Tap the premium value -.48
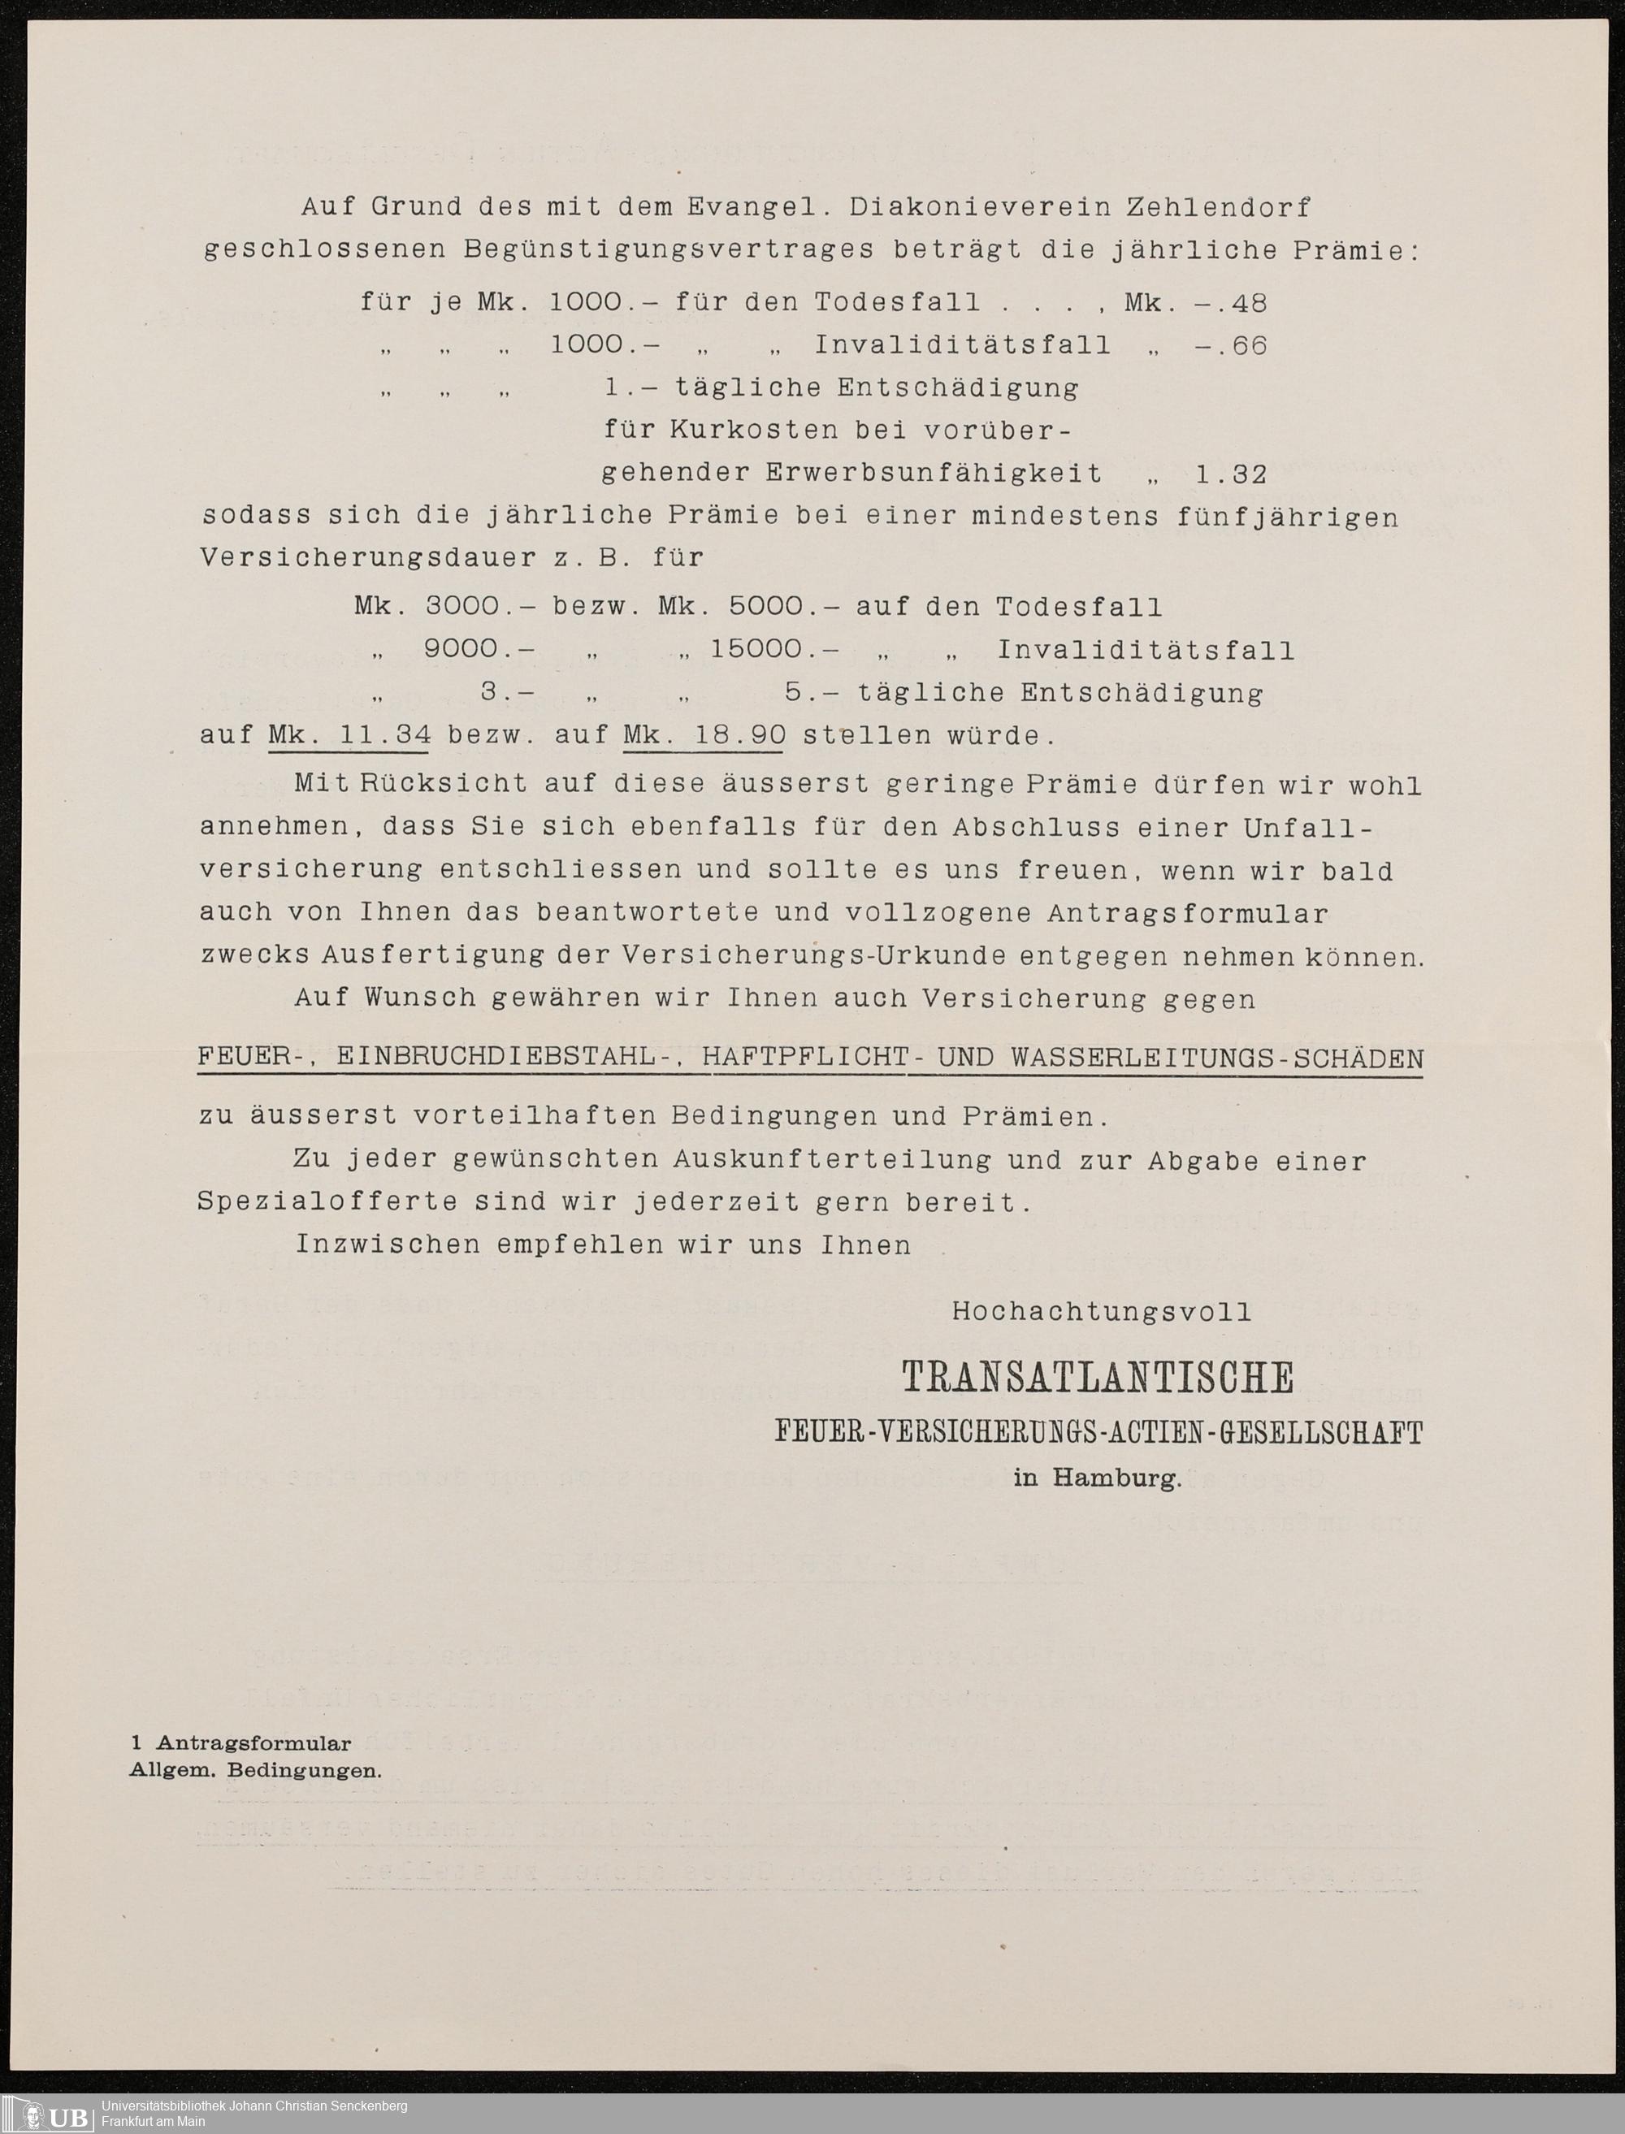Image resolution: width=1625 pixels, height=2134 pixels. [1230, 303]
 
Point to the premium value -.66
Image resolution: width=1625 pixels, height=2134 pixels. [1230, 345]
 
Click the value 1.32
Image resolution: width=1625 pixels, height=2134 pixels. [1230, 474]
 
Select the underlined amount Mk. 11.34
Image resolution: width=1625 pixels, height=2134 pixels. [349, 735]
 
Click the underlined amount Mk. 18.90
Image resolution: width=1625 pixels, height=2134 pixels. [704, 735]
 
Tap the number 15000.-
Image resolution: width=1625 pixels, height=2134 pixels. [773, 649]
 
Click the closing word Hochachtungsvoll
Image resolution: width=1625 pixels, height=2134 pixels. [1102, 1311]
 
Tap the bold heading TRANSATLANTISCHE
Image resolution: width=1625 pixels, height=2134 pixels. [1098, 1378]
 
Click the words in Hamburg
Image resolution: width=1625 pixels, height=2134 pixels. [1098, 1478]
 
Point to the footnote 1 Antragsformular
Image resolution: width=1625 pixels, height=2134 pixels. [240, 1743]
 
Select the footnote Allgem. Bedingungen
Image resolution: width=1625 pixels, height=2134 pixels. [255, 1772]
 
